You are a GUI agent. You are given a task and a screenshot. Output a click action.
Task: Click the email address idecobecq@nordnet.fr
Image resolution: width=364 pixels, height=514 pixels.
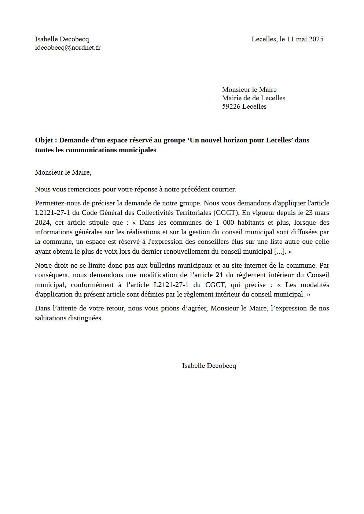pyautogui.click(x=68, y=48)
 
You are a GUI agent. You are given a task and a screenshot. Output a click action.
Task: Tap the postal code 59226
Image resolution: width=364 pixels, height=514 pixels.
pyautogui.click(x=231, y=107)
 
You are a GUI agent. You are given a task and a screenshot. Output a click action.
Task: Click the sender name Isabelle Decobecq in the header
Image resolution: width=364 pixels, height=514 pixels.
pyautogui.click(x=62, y=39)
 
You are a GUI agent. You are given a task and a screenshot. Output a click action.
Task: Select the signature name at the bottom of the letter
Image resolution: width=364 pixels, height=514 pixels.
pyautogui.click(x=209, y=366)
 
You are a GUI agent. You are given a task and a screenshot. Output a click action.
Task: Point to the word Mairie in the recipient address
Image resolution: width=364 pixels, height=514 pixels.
pyautogui.click(x=232, y=98)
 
